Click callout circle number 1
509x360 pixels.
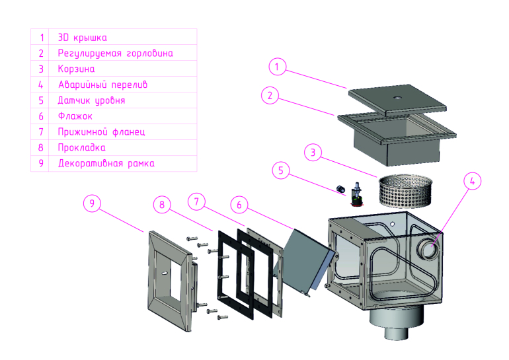tap(278, 66)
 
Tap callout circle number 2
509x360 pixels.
tap(268, 96)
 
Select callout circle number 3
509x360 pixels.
tap(314, 153)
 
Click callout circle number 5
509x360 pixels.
tap(281, 170)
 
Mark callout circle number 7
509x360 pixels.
tap(196, 199)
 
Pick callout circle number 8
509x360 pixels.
tap(161, 204)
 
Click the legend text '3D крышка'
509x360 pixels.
tap(83, 38)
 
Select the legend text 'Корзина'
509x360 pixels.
tap(77, 69)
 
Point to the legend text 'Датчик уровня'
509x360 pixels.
tap(91, 100)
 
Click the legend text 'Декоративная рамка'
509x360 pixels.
tap(106, 163)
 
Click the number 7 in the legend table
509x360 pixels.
tap(41, 131)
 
